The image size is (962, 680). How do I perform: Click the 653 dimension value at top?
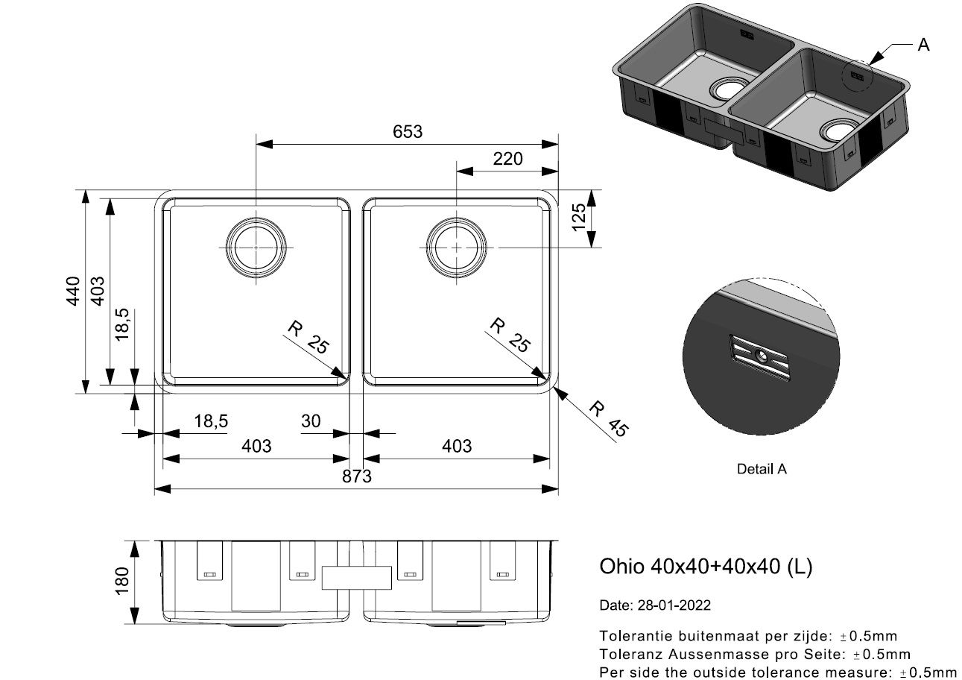coord(408,131)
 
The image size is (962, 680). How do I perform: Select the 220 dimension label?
coord(507,159)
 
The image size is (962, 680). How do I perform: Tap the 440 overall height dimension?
coord(72,291)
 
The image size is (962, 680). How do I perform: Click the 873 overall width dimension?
coord(357,476)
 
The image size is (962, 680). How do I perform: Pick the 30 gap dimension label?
coord(311,421)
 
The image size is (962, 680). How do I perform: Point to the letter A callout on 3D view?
coord(923,45)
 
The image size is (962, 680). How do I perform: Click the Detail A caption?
coord(761,470)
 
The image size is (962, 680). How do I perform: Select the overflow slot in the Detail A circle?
coord(760,358)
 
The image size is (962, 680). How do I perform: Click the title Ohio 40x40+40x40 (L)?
coord(706,567)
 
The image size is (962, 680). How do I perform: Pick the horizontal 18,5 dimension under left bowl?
coord(211,421)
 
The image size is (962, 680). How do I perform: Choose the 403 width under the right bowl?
coord(457,446)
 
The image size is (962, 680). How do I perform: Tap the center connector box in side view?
coord(356,578)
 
